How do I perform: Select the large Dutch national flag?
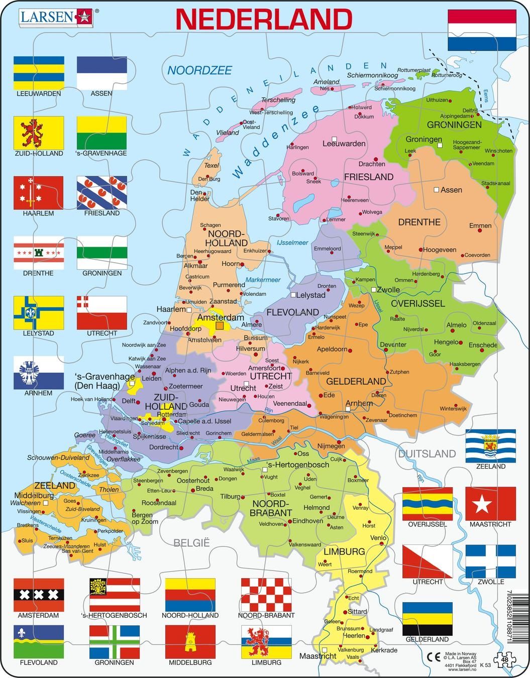click(x=482, y=30)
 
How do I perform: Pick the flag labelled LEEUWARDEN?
click(x=39, y=72)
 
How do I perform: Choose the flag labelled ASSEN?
click(x=101, y=72)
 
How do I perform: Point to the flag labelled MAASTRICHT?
click(x=490, y=503)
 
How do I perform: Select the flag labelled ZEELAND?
click(x=490, y=445)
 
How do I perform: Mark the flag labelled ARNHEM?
click(x=39, y=372)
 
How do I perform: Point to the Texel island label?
click(x=211, y=165)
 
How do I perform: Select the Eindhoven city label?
click(x=307, y=521)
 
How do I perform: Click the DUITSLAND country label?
click(x=427, y=454)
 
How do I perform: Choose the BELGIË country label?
click(x=191, y=542)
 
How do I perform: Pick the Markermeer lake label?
click(x=263, y=280)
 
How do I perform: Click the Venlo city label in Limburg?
click(x=378, y=538)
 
